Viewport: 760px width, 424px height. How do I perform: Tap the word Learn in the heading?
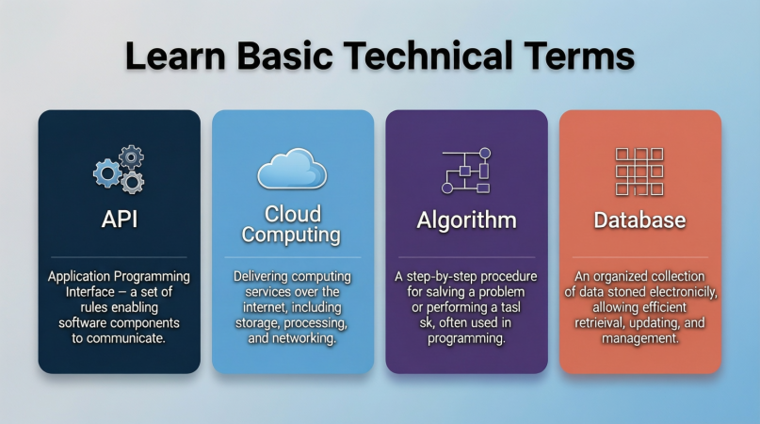click(x=175, y=56)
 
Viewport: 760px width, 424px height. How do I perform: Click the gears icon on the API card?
click(x=119, y=169)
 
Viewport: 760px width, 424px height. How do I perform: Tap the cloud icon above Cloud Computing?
click(x=292, y=169)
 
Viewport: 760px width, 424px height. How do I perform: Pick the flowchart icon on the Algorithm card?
click(x=466, y=171)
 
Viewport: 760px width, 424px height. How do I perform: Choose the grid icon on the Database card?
click(x=639, y=171)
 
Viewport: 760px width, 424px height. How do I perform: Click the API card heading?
click(x=120, y=219)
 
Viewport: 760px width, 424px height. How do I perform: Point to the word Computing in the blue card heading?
click(x=291, y=235)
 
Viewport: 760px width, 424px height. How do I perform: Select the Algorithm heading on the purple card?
click(x=467, y=220)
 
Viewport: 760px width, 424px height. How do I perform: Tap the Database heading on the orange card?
click(x=639, y=220)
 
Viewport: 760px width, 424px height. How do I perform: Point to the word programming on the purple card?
click(x=466, y=338)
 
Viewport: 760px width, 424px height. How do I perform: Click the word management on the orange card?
click(x=639, y=338)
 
